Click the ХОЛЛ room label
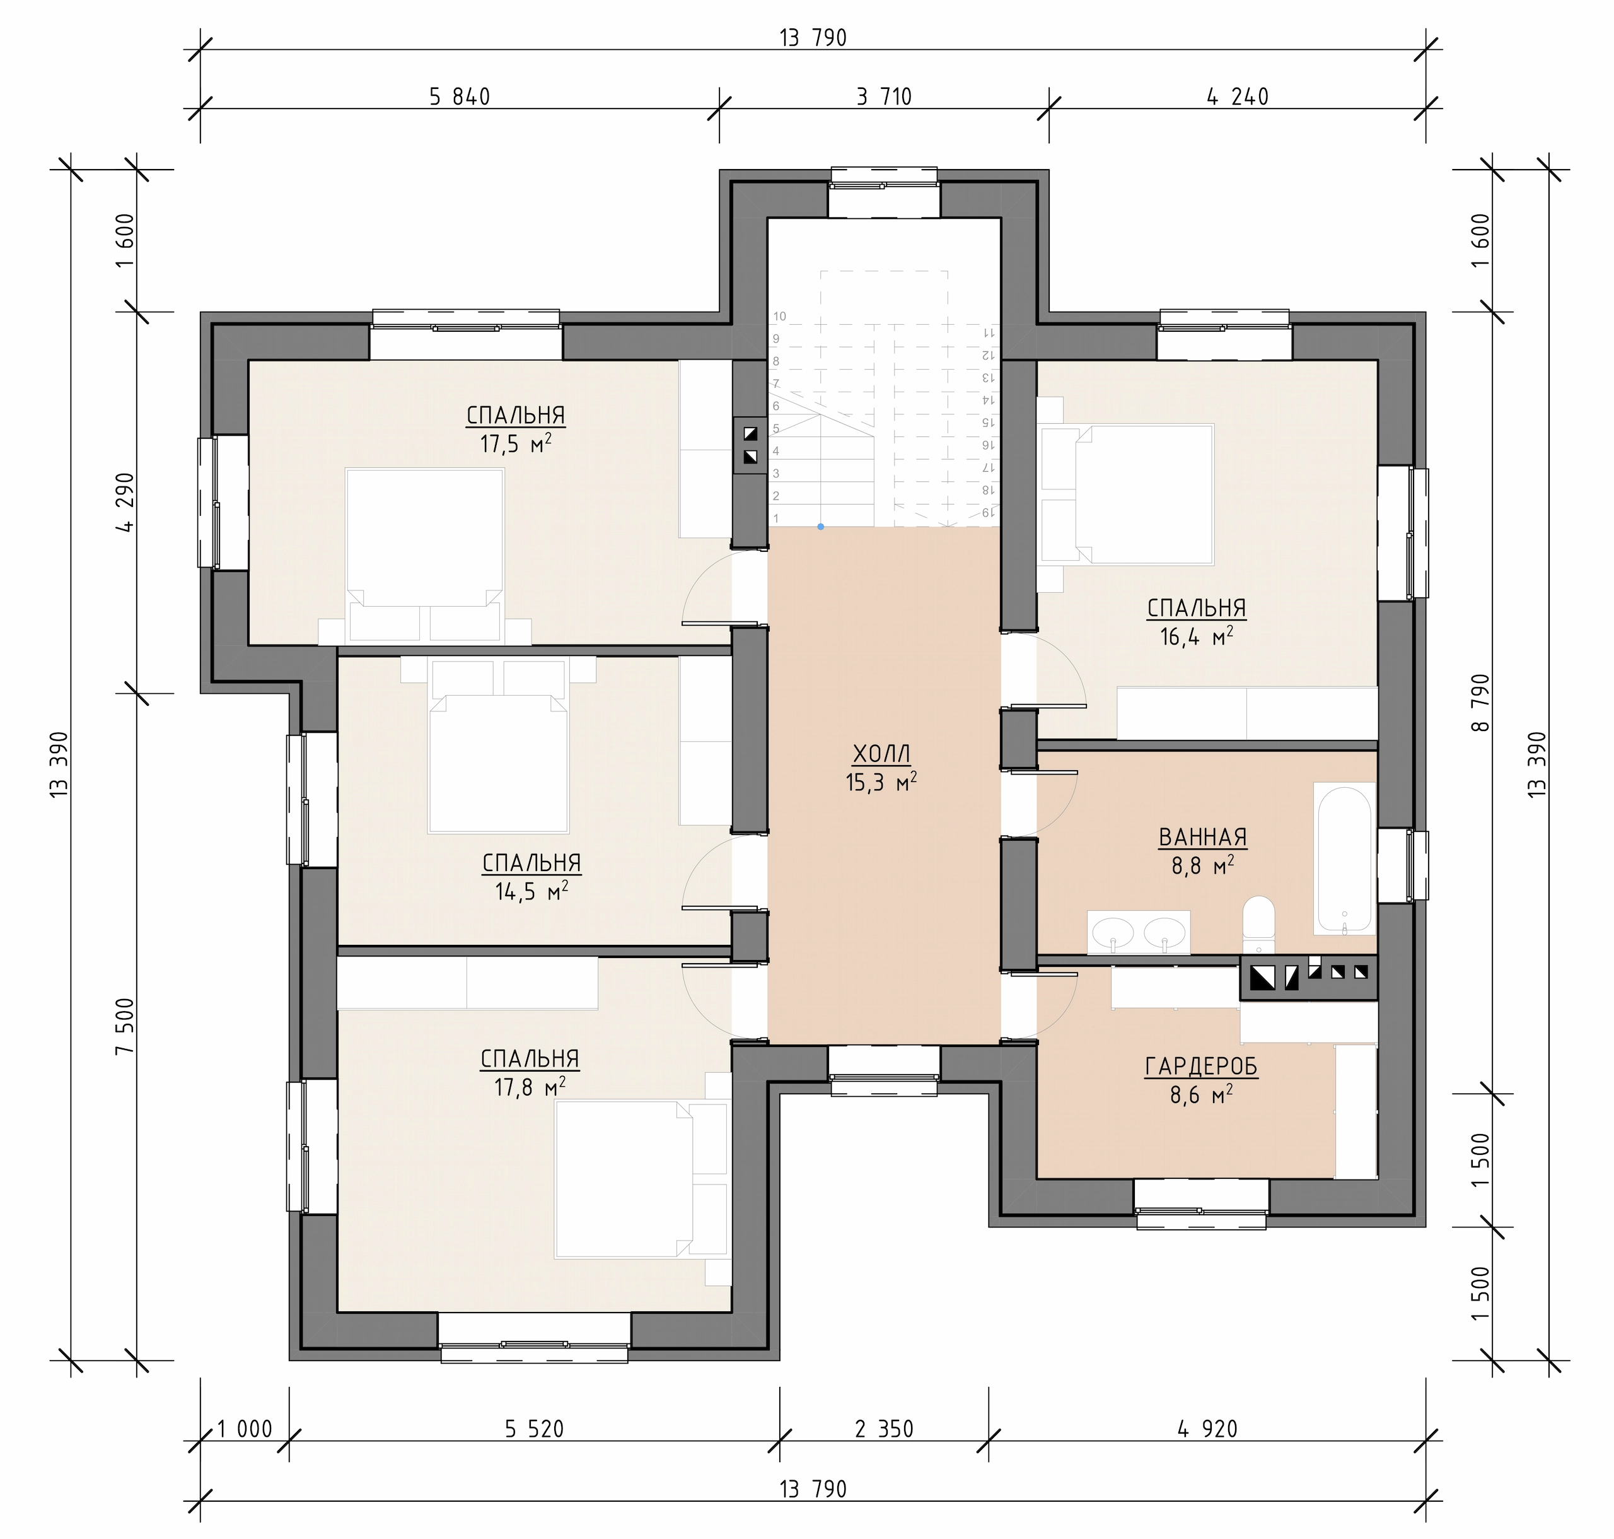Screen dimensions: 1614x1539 click(x=881, y=753)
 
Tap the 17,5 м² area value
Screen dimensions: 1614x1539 click(x=515, y=445)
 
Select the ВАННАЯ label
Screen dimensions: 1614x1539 click(x=1202, y=837)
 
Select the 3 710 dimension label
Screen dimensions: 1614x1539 click(x=884, y=97)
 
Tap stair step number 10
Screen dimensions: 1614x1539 click(x=779, y=317)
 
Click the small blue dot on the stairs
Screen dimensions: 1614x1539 click(x=820, y=527)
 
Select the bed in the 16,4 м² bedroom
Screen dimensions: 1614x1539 click(x=1125, y=494)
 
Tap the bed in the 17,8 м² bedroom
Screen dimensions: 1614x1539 click(x=641, y=1179)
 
